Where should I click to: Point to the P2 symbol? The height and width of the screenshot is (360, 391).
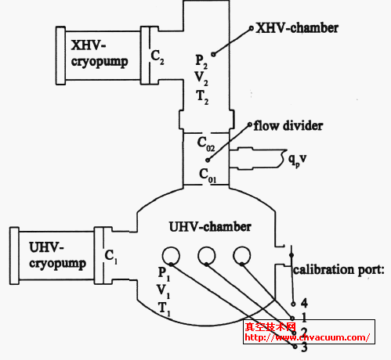(x=201, y=59)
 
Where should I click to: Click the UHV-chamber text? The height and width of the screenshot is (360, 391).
(x=209, y=227)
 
